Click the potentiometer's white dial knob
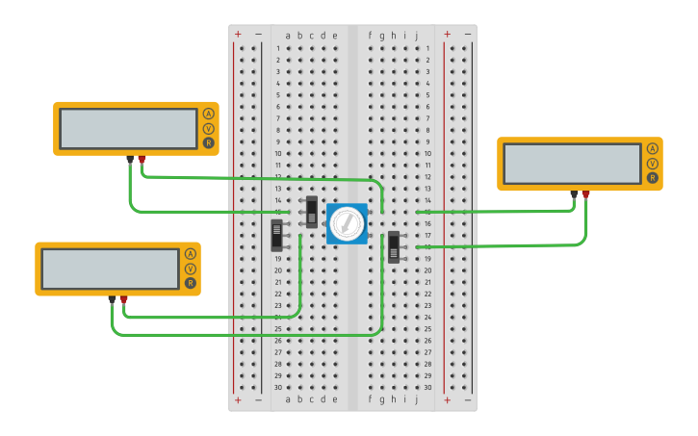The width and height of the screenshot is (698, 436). click(x=346, y=223)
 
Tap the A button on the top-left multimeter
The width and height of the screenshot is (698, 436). click(x=208, y=114)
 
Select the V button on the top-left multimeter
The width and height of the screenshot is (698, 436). click(x=208, y=128)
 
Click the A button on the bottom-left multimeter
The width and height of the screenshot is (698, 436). click(x=190, y=254)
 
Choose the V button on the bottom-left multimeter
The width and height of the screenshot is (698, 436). click(x=190, y=269)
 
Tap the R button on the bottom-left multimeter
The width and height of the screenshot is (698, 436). click(x=190, y=283)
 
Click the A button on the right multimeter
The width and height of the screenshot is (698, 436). click(x=652, y=148)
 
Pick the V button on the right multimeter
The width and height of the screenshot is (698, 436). click(x=652, y=163)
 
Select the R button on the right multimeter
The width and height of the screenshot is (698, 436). click(x=652, y=177)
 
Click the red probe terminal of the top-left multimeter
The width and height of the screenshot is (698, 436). click(x=142, y=159)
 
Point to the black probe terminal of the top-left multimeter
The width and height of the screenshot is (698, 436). click(x=130, y=159)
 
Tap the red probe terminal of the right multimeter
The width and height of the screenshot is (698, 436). click(x=585, y=194)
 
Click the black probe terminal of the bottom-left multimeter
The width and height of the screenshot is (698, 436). click(x=112, y=299)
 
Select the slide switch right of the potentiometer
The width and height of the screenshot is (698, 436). click(x=394, y=246)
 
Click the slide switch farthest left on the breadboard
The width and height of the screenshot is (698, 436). click(x=277, y=235)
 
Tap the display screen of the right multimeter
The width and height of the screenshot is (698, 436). click(x=572, y=163)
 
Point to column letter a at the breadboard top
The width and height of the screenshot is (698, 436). click(x=288, y=36)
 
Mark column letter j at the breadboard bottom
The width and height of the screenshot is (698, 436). click(x=417, y=399)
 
